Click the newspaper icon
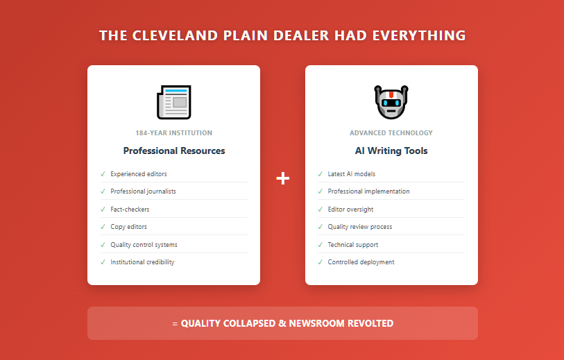pyautogui.click(x=173, y=102)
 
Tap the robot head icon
pyautogui.click(x=391, y=102)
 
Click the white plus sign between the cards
pyautogui.click(x=283, y=178)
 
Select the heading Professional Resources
pyautogui.click(x=174, y=151)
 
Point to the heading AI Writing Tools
pyautogui.click(x=391, y=151)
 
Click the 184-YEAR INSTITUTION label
pyautogui.click(x=174, y=132)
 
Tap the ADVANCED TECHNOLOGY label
pyautogui.click(x=391, y=132)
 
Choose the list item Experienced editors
pyautogui.click(x=139, y=174)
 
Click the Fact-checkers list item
pyautogui.click(x=130, y=209)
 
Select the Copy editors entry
pyautogui.click(x=129, y=227)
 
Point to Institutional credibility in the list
pyautogui.click(x=142, y=262)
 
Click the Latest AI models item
pyautogui.click(x=352, y=174)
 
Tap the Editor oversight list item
pyautogui.click(x=351, y=209)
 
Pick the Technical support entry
pyautogui.click(x=353, y=245)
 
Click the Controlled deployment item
pyautogui.click(x=361, y=262)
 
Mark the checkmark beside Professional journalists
pyautogui.click(x=103, y=191)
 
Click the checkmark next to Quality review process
pyautogui.click(x=320, y=227)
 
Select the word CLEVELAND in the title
pyautogui.click(x=176, y=35)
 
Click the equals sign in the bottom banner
pyautogui.click(x=175, y=324)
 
